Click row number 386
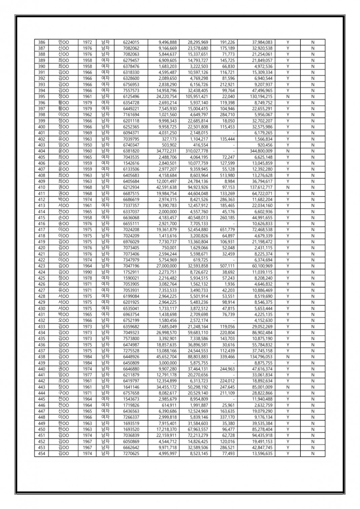coord(41,42)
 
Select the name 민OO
coord(63,42)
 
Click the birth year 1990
coord(87,272)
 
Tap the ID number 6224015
coord(131,42)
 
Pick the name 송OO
coord(63,224)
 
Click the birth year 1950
coord(87,145)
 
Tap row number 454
coord(41,453)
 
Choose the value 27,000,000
coord(168,266)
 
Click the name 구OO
coord(63,393)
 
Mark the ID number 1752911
coord(131,272)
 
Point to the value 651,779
coord(227,230)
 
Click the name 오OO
coord(63,321)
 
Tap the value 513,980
coord(227,175)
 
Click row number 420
coord(41,248)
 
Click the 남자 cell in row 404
coord(105,151)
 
